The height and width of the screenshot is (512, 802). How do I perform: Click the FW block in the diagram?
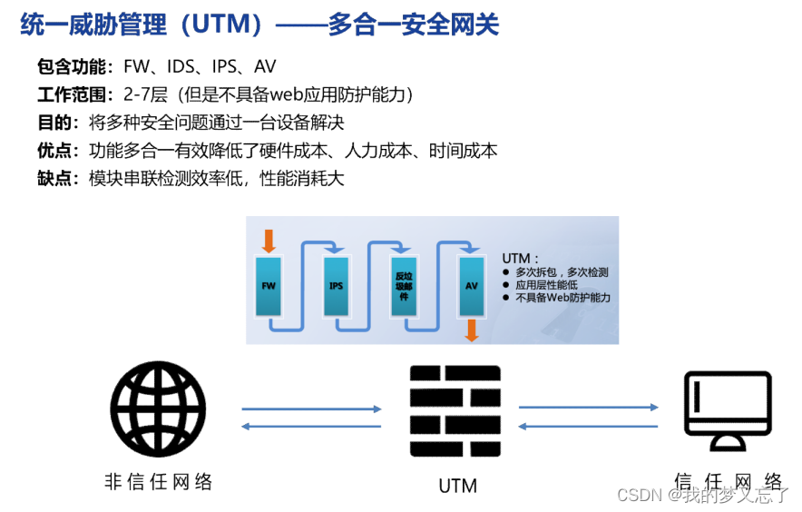tap(269, 285)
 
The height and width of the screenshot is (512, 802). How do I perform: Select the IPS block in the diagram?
tap(337, 285)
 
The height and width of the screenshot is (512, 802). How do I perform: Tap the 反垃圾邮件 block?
tap(404, 285)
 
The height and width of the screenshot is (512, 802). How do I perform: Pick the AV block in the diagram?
tap(471, 285)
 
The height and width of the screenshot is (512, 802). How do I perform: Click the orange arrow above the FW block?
tap(268, 241)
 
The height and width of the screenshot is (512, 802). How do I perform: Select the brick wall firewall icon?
tap(455, 413)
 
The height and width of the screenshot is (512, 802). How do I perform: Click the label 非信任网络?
tap(159, 482)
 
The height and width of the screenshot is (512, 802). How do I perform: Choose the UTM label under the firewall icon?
tap(457, 486)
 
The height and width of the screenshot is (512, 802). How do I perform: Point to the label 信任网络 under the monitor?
tap(728, 481)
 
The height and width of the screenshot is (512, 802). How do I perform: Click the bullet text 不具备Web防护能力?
tap(562, 298)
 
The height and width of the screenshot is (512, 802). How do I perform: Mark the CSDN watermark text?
tap(637, 495)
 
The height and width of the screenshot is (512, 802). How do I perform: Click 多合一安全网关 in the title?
tap(414, 25)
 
